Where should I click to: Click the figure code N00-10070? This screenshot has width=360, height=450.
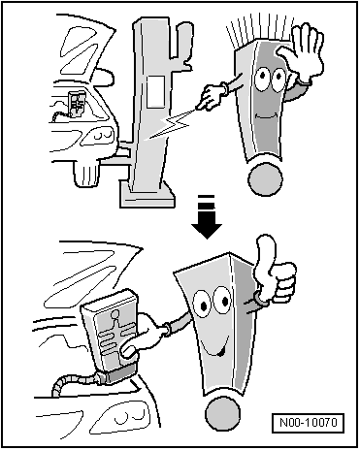coord(309,423)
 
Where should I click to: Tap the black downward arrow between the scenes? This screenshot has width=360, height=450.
coord(207,216)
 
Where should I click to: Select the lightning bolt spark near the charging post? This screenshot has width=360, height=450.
coord(167,124)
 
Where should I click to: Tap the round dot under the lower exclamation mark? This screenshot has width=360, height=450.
coord(222,414)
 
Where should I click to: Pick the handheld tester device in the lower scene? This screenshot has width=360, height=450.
coord(110,337)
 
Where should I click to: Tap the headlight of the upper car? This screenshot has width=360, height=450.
coord(97,135)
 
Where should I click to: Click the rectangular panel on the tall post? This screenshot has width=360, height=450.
coord(156,92)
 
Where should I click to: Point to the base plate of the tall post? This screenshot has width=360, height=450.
coord(147,195)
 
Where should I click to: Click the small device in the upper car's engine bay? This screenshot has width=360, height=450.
coord(77,104)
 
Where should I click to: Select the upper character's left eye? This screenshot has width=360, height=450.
coord(261,79)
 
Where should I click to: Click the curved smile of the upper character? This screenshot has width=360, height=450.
coord(266,115)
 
